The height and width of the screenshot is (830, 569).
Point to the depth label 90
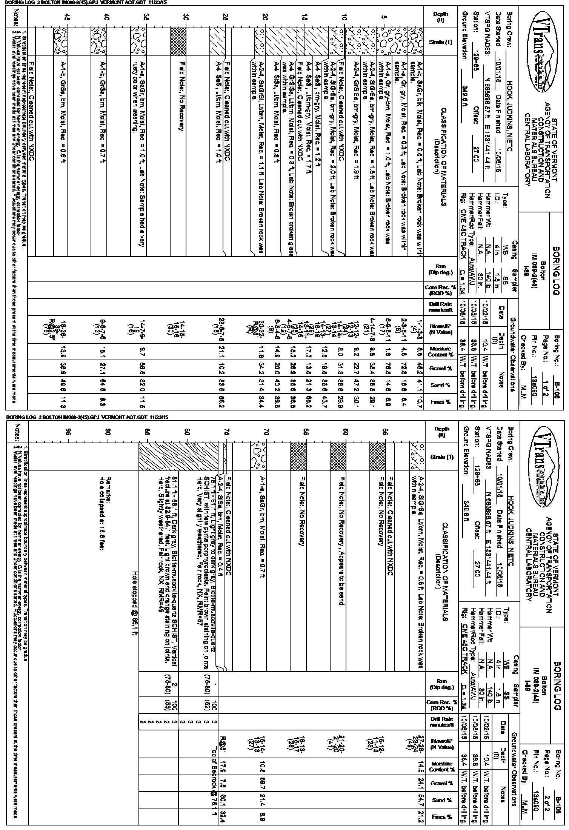[108, 430]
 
